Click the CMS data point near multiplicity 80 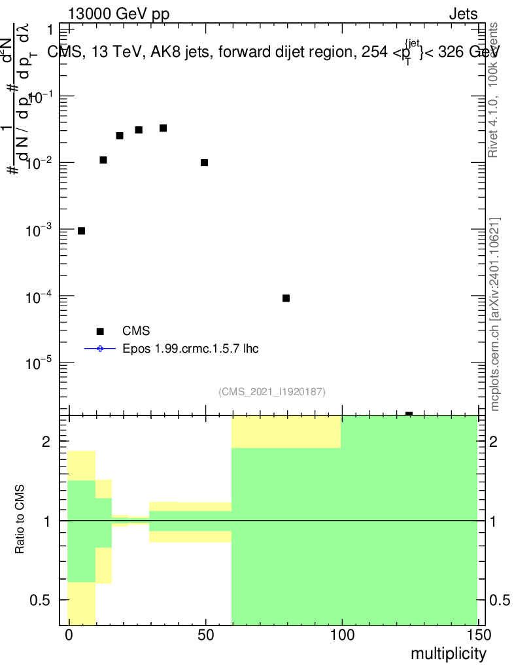coord(286,298)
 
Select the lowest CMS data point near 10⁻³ coord(82,231)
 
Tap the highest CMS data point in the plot coord(163,128)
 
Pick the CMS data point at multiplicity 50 coord(204,162)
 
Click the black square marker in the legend coord(99,332)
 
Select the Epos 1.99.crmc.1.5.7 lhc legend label coord(190,349)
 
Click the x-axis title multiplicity coord(449,653)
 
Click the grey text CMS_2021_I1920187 coord(272,391)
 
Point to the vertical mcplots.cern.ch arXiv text coord(496,314)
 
